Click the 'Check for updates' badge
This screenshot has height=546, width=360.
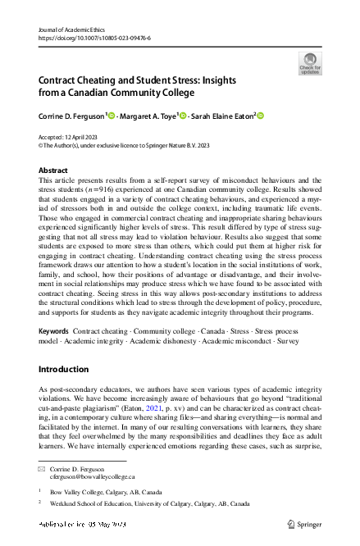click(310, 62)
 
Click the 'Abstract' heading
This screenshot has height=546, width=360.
click(54, 171)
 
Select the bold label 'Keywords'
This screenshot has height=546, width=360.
click(54, 331)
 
